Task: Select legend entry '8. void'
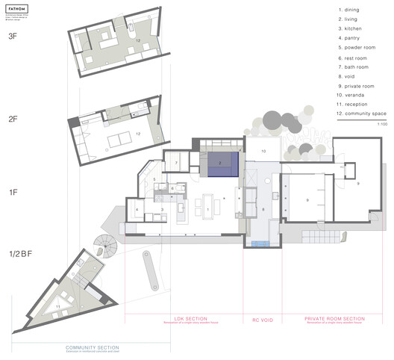pyautogui.click(x=348, y=76)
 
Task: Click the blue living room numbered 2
pyautogui.click(x=220, y=162)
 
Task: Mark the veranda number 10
pyautogui.click(x=262, y=151)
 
